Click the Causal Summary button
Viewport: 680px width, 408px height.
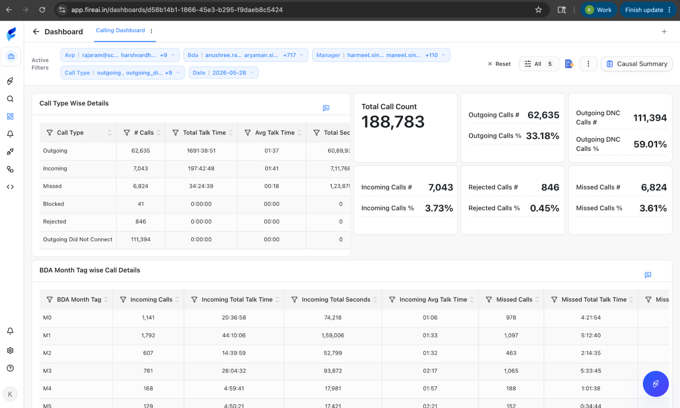click(x=636, y=64)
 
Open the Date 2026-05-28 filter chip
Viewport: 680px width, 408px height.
click(x=223, y=73)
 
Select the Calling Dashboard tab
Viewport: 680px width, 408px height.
click(x=120, y=30)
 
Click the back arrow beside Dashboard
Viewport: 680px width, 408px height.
click(x=36, y=32)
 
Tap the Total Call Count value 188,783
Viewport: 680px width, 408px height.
click(x=393, y=122)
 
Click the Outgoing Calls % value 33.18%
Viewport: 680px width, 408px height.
click(x=543, y=136)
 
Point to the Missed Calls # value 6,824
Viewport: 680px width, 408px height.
click(x=654, y=187)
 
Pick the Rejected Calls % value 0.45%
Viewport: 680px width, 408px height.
click(x=545, y=208)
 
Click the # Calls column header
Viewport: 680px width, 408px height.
click(x=144, y=133)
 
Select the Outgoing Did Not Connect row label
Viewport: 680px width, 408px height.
click(x=78, y=239)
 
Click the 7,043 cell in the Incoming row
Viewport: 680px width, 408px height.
click(x=140, y=168)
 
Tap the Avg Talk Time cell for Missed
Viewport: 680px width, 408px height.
click(x=271, y=186)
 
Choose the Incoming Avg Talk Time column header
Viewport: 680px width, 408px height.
click(x=433, y=300)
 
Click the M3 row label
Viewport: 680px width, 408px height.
click(x=47, y=371)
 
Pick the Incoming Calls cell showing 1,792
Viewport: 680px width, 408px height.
click(x=148, y=335)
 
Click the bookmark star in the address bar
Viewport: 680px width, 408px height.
click(x=538, y=10)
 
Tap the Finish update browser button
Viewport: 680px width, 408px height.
click(x=648, y=10)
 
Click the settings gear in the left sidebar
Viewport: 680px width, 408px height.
click(x=10, y=350)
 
